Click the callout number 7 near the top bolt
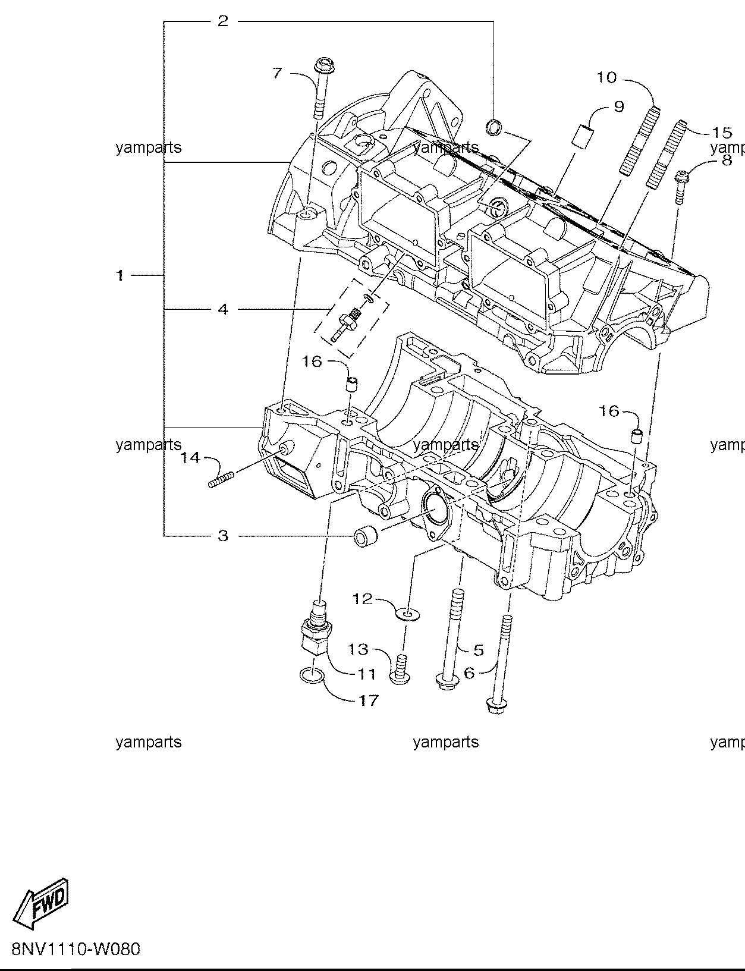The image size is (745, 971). click(277, 73)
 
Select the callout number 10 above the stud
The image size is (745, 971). click(606, 78)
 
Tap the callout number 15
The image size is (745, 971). click(722, 133)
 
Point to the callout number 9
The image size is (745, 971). click(618, 107)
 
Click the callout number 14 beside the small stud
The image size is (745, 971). click(190, 457)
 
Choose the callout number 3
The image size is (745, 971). click(223, 535)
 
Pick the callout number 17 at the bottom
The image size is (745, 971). click(368, 700)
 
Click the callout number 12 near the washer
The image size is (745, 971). click(362, 598)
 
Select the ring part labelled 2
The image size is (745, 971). click(495, 127)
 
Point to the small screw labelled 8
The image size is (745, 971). click(681, 187)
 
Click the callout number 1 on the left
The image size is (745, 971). click(120, 276)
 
